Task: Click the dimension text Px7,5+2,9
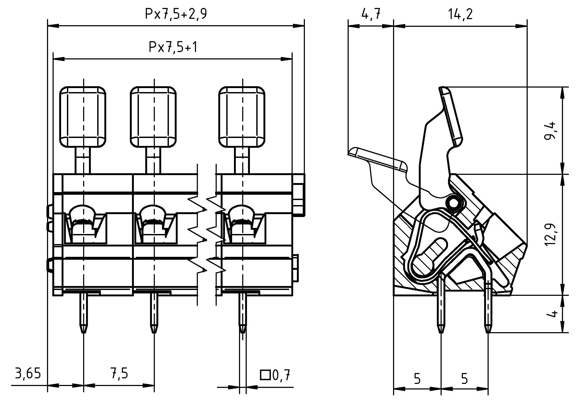(176, 15)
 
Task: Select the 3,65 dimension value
(28, 374)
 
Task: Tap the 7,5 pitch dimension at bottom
(119, 374)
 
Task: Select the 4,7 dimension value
(371, 15)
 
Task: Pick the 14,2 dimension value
(460, 15)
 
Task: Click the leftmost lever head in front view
(83, 117)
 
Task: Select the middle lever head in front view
(153, 117)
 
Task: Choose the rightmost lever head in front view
(242, 117)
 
